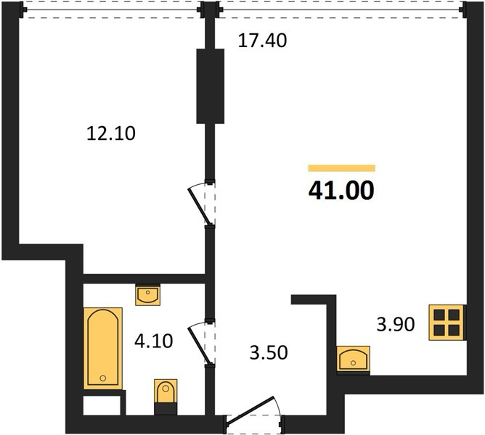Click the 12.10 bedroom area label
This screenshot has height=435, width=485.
pyautogui.click(x=111, y=134)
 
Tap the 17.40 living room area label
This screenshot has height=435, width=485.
pyautogui.click(x=262, y=41)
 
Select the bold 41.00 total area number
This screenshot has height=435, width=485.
pyautogui.click(x=341, y=191)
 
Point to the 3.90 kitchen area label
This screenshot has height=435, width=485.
pyautogui.click(x=396, y=325)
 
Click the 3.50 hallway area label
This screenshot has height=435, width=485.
pyautogui.click(x=269, y=353)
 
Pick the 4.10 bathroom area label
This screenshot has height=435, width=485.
pyautogui.click(x=154, y=341)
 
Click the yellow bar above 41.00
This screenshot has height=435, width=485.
pyautogui.click(x=342, y=168)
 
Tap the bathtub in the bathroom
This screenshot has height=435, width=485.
pyautogui.click(x=103, y=349)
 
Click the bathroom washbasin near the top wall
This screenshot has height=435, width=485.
pyautogui.click(x=148, y=295)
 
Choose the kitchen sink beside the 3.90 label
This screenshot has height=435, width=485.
pyautogui.click(x=354, y=358)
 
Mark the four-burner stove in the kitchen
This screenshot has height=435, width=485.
pyautogui.click(x=447, y=323)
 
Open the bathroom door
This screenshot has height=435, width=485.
pyautogui.click(x=201, y=343)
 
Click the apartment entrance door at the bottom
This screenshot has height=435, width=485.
pyautogui.click(x=254, y=411)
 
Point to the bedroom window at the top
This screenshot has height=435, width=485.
pyautogui.click(x=112, y=10)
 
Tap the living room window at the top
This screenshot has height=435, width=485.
pyautogui.click(x=341, y=10)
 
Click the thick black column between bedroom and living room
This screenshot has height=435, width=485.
pyautogui.click(x=211, y=86)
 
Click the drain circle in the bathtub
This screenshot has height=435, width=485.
pyautogui.click(x=103, y=378)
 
